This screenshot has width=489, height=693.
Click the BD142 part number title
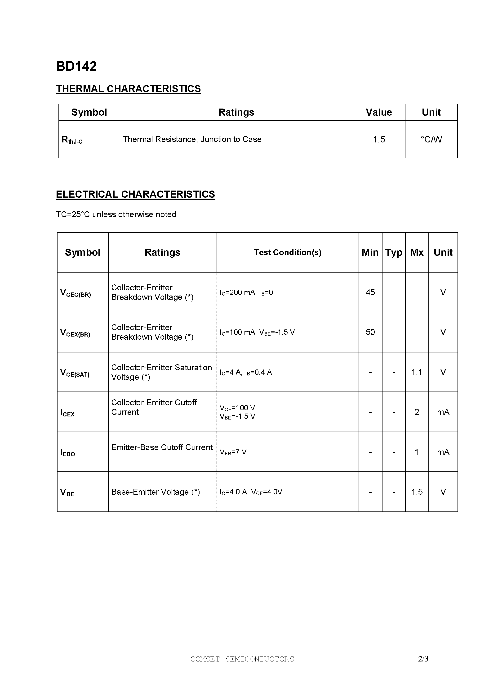[x=76, y=66]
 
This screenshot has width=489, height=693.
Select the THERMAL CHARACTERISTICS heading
[x=129, y=89]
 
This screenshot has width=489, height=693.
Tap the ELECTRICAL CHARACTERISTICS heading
[x=135, y=194]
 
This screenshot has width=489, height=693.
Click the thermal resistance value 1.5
[x=379, y=139]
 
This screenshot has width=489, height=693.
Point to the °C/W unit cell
[x=431, y=139]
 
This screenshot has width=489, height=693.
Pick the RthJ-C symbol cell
[x=72, y=140]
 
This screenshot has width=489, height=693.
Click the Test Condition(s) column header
[x=288, y=252]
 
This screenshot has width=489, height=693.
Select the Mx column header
[x=417, y=252]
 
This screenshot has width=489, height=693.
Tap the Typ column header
[x=393, y=252]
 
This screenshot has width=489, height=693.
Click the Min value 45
[x=370, y=292]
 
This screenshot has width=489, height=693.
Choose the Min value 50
[x=370, y=332]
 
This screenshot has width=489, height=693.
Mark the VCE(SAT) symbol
[x=75, y=373]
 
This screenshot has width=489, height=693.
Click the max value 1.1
[x=417, y=372]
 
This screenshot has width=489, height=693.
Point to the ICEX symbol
[x=67, y=413]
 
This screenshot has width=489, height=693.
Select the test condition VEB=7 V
[x=233, y=452]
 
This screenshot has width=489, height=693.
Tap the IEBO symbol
[x=67, y=452]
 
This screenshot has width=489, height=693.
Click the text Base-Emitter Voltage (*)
[x=156, y=492]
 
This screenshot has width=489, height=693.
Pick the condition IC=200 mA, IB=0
[x=246, y=292]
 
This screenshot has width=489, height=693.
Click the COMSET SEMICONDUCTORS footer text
[x=242, y=659]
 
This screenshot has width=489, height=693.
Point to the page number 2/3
[x=423, y=659]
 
